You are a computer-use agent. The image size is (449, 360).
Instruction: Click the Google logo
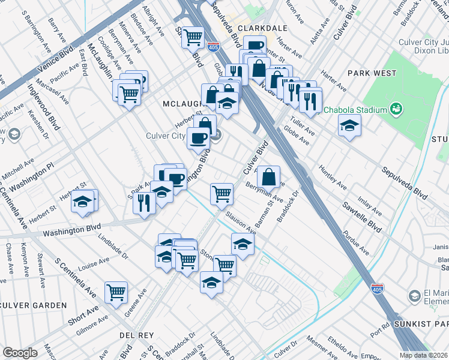(x=20, y=353)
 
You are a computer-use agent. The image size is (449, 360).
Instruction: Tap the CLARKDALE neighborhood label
(x=261, y=28)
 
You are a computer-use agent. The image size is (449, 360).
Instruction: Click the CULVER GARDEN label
(x=34, y=305)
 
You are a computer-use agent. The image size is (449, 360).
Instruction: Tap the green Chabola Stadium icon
(x=396, y=109)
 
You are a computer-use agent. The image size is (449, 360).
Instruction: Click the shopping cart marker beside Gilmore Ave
(x=116, y=293)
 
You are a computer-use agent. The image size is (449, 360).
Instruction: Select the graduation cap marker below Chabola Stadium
(x=349, y=126)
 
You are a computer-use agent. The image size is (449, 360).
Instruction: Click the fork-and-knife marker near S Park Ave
(x=144, y=202)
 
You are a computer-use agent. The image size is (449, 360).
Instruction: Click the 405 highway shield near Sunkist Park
(x=377, y=289)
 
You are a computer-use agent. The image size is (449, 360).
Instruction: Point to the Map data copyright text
(x=423, y=355)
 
